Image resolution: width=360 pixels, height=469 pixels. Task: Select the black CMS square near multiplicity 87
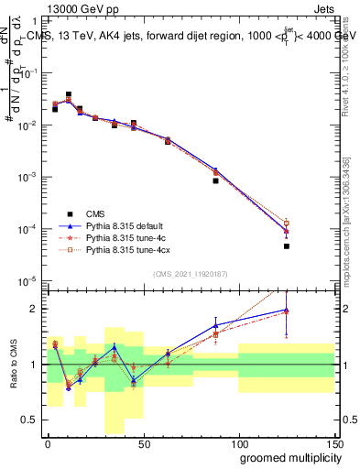coord(215,180)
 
